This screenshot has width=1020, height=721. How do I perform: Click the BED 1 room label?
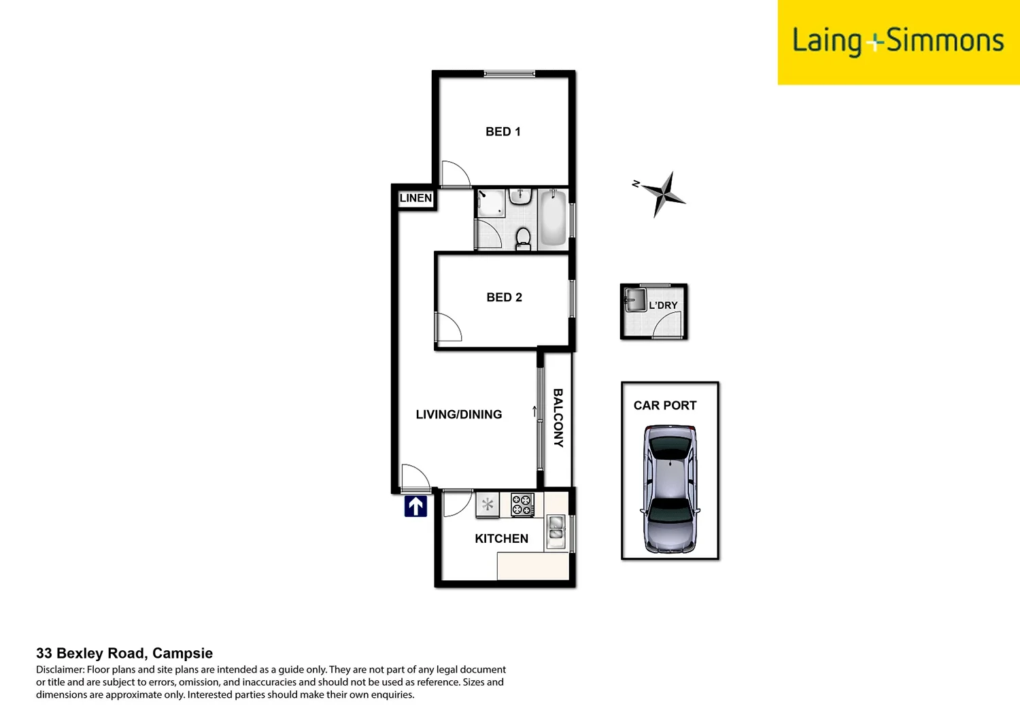[x=503, y=132]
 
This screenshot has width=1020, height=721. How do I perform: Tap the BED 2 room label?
[x=504, y=297]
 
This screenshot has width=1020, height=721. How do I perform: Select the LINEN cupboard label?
[x=415, y=198]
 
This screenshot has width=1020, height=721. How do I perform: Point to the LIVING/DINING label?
[x=458, y=414]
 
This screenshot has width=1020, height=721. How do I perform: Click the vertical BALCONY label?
[x=558, y=418]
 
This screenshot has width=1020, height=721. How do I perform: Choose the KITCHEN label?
[x=501, y=539]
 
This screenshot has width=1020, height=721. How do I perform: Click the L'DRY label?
[x=663, y=305]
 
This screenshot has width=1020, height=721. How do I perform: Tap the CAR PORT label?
[x=664, y=405]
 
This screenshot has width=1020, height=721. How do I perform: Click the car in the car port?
[x=670, y=488]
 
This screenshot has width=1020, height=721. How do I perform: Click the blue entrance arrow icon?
[x=415, y=506]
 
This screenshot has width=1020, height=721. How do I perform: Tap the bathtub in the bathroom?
[x=553, y=218]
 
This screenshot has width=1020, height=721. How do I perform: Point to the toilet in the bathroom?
[x=523, y=238]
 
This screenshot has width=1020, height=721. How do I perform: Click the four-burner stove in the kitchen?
[x=522, y=505]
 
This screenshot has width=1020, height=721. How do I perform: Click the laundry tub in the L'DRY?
[x=635, y=300]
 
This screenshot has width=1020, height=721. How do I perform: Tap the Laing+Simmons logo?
[x=898, y=41]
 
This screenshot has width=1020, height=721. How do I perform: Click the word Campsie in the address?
[x=182, y=653]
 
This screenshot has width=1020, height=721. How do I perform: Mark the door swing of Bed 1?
[x=454, y=175]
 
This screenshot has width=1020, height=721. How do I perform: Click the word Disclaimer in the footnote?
[x=60, y=670]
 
